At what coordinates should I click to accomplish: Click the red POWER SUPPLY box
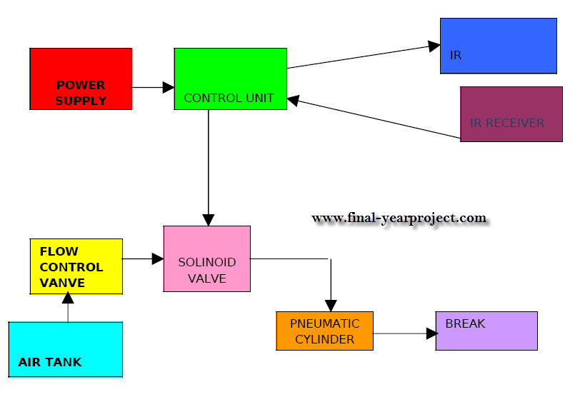tap(81, 79)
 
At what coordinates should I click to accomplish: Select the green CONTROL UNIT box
tap(230, 79)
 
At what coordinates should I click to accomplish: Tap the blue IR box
tap(498, 46)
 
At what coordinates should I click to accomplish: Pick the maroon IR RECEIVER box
tap(511, 114)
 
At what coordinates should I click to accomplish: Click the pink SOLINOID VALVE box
tap(206, 258)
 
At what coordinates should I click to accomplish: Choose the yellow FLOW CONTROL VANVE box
tap(76, 266)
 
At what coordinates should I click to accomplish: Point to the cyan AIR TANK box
tap(65, 349)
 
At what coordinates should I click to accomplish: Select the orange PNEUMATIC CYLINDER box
tap(324, 331)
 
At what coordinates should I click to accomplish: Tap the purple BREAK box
tap(486, 331)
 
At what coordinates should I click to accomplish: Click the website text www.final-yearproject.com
tap(399, 218)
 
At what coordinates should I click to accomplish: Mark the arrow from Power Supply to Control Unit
tap(153, 87)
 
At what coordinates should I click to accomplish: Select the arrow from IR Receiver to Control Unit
tap(375, 119)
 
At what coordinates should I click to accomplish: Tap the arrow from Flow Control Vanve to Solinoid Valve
tap(143, 258)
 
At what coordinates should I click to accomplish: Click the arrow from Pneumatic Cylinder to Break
tap(404, 333)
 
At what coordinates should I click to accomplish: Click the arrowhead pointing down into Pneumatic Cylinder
tap(330, 304)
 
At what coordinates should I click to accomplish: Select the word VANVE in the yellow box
tap(62, 283)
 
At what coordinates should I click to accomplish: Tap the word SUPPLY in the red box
tap(81, 101)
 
